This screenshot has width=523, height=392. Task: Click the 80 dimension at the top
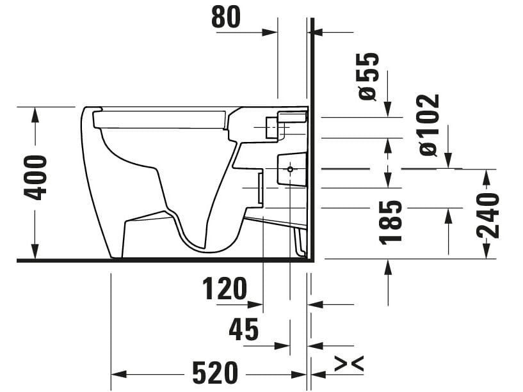coord(226,17)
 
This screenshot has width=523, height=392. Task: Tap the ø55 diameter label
coord(369,75)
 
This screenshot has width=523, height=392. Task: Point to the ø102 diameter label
coord(428,125)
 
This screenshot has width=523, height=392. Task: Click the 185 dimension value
coord(390,222)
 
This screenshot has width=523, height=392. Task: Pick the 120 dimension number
coord(225,289)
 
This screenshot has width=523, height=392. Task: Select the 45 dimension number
coord(244,329)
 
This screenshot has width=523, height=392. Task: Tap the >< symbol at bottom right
coord(350,363)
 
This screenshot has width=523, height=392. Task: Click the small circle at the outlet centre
coord(290,169)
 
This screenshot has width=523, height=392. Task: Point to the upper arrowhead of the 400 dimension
coord(35,115)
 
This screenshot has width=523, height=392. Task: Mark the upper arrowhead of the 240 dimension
coord(488,177)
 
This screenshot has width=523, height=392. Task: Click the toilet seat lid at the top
coord(160,118)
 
